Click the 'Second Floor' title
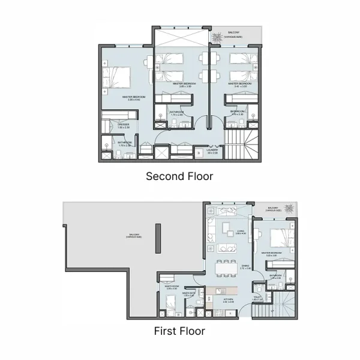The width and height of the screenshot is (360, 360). coord(179,176)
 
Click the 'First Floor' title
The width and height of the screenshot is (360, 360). coord(179,331)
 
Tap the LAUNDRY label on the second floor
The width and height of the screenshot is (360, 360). coord(212,151)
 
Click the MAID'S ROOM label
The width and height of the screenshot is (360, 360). coord(171,287)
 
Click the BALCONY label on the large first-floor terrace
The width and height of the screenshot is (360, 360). coord(133,236)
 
